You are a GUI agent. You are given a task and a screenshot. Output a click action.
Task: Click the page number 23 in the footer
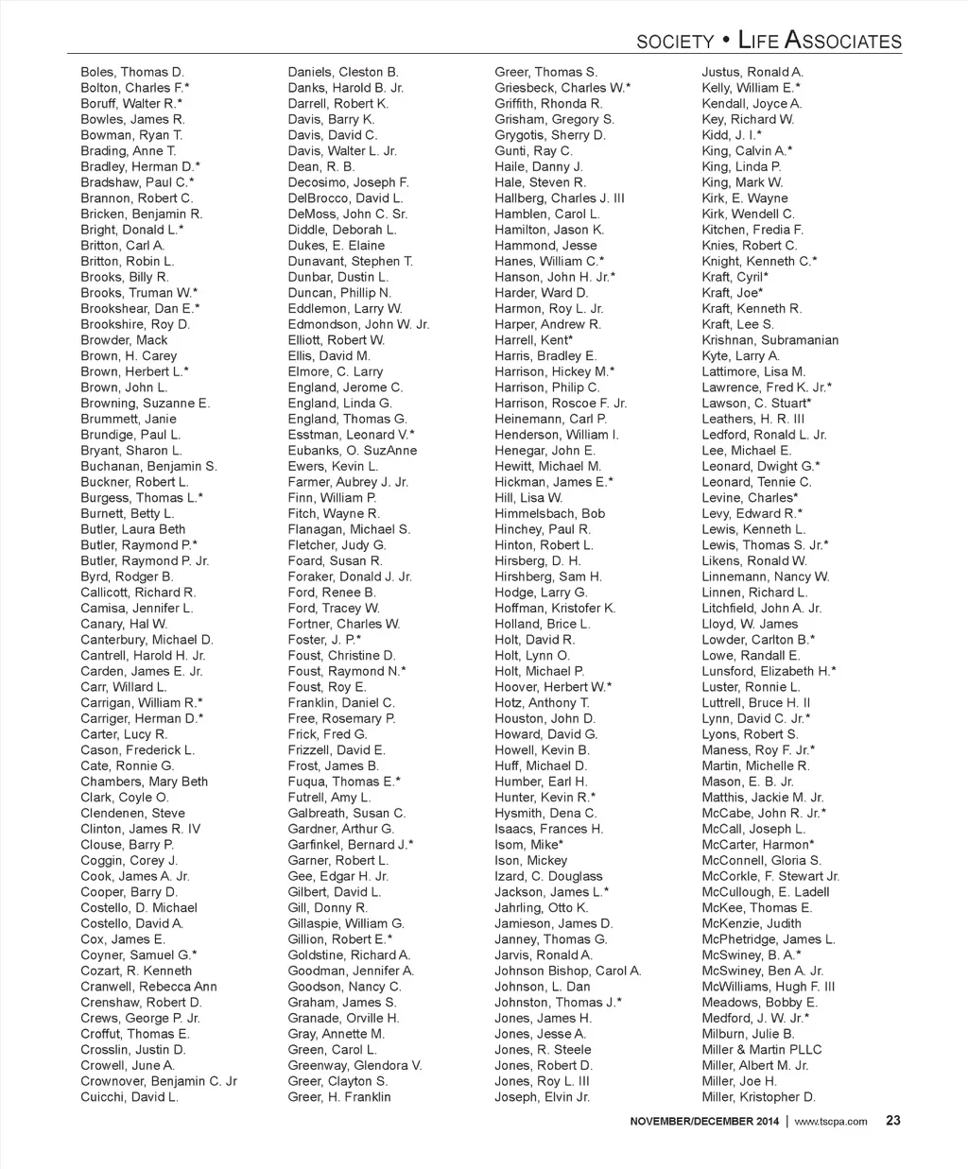(x=892, y=1121)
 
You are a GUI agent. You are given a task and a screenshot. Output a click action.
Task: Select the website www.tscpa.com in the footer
(x=831, y=1122)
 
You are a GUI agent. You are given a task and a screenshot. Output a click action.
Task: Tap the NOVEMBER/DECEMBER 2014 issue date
(x=705, y=1122)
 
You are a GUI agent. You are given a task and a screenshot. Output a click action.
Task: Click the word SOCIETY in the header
(x=675, y=42)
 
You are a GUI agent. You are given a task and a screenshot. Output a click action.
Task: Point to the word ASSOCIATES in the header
(x=844, y=41)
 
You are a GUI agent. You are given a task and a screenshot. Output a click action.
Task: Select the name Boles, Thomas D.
(x=132, y=72)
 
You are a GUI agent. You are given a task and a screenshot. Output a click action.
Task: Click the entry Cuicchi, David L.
(x=130, y=1097)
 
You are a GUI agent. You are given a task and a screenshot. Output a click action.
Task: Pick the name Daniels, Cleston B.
(x=343, y=72)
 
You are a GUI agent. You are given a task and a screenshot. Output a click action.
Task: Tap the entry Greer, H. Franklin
(x=339, y=1097)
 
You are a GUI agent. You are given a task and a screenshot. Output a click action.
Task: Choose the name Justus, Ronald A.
(x=752, y=72)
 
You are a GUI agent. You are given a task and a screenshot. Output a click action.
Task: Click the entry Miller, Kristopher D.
(x=758, y=1097)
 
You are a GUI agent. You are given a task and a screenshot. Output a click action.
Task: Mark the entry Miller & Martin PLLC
(x=762, y=1050)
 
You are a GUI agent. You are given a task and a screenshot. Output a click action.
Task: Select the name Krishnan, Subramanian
(x=769, y=340)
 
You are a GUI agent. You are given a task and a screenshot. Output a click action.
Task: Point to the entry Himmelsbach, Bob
(x=550, y=513)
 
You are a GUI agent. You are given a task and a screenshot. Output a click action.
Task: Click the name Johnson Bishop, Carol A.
(x=568, y=971)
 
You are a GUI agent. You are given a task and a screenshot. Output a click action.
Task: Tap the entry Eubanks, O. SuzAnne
(x=353, y=451)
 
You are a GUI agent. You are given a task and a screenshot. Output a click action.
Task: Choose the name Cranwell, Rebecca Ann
(x=148, y=987)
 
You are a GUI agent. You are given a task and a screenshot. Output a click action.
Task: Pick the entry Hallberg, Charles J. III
(x=560, y=198)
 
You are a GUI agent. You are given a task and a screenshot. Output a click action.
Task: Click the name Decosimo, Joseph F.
(x=349, y=182)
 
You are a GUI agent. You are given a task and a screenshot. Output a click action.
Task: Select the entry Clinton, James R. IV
(x=141, y=829)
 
